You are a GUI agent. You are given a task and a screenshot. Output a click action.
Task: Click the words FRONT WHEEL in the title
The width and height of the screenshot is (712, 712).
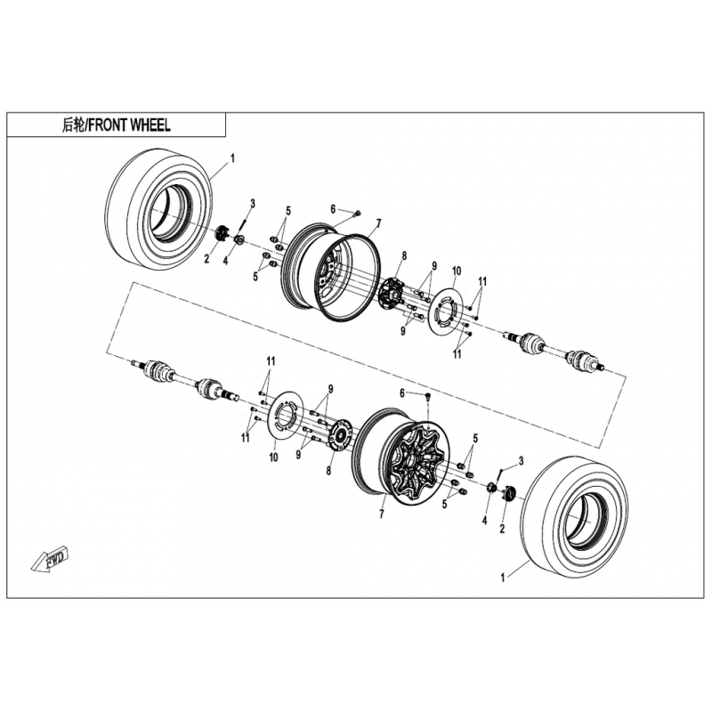point(129,125)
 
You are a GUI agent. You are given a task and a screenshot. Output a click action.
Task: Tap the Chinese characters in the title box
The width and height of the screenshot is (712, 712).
point(73,125)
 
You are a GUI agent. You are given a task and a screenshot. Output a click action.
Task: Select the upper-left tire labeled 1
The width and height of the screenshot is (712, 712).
point(159,209)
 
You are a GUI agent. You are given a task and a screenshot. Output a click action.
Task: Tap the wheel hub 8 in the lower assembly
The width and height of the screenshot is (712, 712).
point(339,435)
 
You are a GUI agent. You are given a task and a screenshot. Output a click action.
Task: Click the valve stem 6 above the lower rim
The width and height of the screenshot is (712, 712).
point(428,397)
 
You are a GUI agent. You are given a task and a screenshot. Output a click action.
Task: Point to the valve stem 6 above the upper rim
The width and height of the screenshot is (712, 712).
point(358,212)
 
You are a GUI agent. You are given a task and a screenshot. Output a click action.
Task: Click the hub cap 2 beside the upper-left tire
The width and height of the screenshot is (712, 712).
point(222,233)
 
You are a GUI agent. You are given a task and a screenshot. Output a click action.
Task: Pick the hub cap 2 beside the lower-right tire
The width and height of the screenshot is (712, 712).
point(509,493)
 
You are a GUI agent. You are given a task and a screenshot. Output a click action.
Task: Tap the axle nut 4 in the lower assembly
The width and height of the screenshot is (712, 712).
point(491,488)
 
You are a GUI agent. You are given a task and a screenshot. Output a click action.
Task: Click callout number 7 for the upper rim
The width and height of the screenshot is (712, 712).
point(378,223)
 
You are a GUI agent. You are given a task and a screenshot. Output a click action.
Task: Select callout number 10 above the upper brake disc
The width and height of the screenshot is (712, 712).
point(457,271)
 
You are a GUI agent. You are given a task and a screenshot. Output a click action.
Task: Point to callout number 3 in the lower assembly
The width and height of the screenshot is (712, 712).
point(521,461)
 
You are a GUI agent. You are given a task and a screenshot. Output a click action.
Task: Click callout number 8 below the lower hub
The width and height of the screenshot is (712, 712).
point(328,471)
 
